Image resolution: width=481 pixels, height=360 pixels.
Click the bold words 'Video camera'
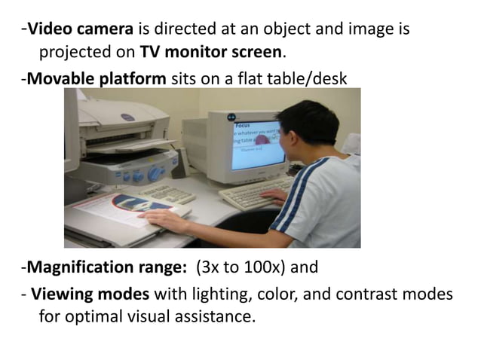coord(80,30)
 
